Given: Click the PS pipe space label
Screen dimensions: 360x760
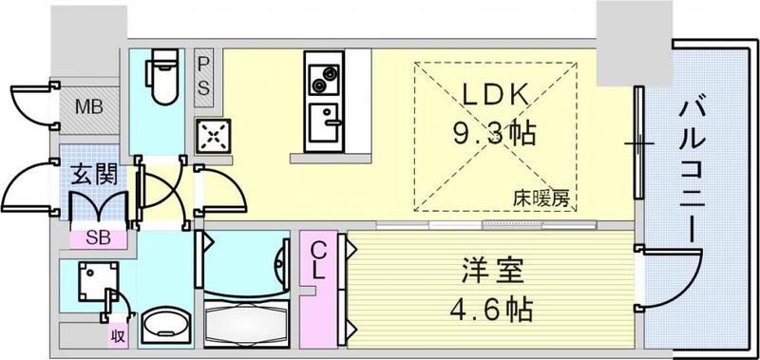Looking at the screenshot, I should click(x=204, y=75).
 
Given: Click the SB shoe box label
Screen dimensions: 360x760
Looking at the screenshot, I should click(x=97, y=238).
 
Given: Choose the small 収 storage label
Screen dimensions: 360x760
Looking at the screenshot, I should click(x=116, y=333).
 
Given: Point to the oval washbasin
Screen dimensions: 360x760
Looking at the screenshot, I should click(x=163, y=326).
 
